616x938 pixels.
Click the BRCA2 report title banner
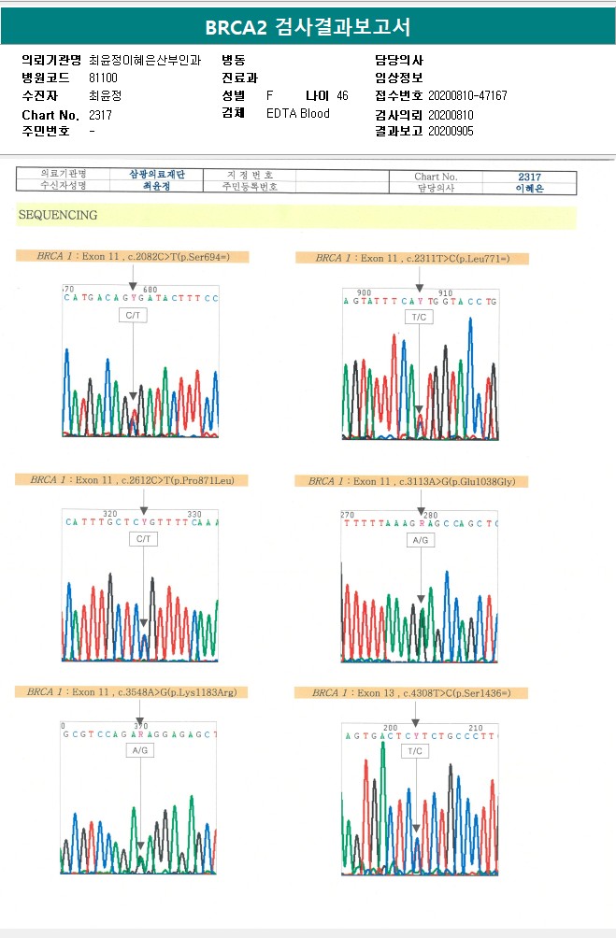click(308, 26)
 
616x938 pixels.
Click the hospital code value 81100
click(103, 78)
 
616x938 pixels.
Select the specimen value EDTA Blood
click(298, 113)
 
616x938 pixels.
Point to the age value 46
click(342, 95)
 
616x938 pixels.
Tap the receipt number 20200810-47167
click(467, 95)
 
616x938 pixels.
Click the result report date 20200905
click(451, 131)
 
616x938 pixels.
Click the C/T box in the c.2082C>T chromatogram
click(133, 316)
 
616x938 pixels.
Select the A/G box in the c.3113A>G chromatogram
click(421, 540)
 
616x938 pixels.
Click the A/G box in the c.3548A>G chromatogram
click(140, 750)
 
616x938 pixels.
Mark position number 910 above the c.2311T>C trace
click(446, 292)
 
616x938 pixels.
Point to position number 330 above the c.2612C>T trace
click(194, 514)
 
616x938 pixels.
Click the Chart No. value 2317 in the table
click(529, 177)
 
